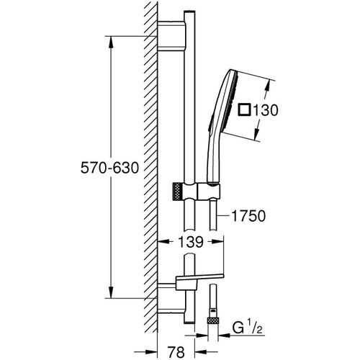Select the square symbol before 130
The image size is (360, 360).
tap(246, 110)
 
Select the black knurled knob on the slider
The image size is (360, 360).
tap(174, 192)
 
